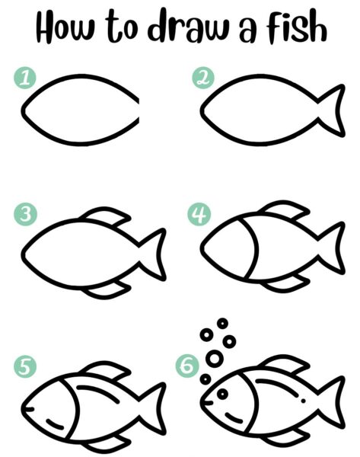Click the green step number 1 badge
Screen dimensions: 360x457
point(25,78)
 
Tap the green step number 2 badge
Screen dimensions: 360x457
point(203,78)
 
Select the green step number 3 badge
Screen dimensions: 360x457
point(25,214)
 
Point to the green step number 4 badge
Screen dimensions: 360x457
point(199,214)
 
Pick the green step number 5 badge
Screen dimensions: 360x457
point(25,366)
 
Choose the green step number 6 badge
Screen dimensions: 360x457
point(187,366)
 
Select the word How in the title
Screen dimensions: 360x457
point(65,27)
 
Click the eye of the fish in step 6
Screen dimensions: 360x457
point(222,394)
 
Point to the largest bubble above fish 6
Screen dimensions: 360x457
point(215,359)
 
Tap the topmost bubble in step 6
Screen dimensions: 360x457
point(222,323)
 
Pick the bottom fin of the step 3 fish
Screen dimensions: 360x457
point(107,290)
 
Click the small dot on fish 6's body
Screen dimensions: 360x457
point(304,401)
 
